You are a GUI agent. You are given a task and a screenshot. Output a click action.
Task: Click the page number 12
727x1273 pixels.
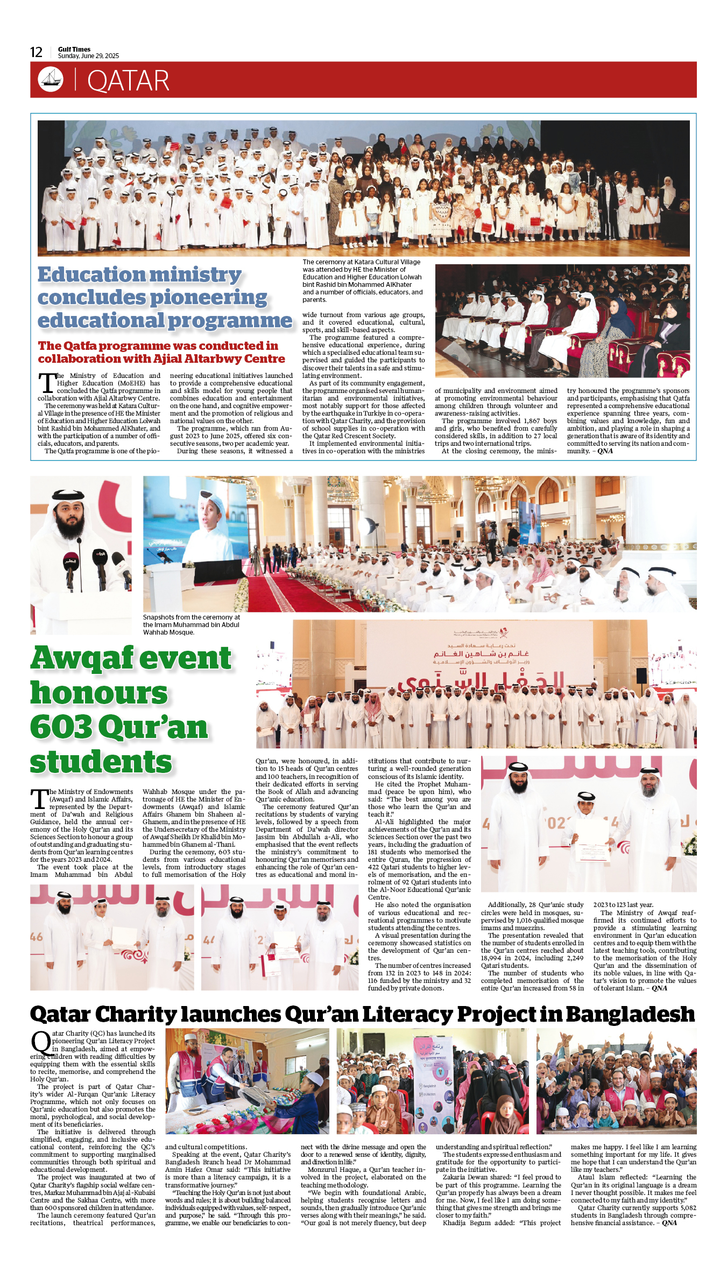click(36, 52)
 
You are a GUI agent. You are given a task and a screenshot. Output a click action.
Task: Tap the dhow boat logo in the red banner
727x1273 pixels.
click(51, 79)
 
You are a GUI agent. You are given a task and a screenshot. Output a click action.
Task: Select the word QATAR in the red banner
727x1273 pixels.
click(128, 81)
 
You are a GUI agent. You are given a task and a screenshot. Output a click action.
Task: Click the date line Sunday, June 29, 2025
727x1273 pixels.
click(88, 56)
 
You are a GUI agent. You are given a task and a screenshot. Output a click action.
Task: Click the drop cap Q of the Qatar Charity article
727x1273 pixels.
click(41, 1043)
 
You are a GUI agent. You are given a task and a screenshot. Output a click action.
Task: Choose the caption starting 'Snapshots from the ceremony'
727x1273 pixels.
click(192, 624)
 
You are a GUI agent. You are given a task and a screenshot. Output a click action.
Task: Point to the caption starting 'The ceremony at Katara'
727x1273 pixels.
click(362, 280)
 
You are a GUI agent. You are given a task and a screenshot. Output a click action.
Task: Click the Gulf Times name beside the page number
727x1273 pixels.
click(74, 49)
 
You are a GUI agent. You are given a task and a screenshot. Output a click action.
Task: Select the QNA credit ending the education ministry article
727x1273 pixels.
click(605, 451)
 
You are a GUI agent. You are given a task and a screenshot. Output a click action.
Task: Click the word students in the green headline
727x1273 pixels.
click(101, 762)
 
